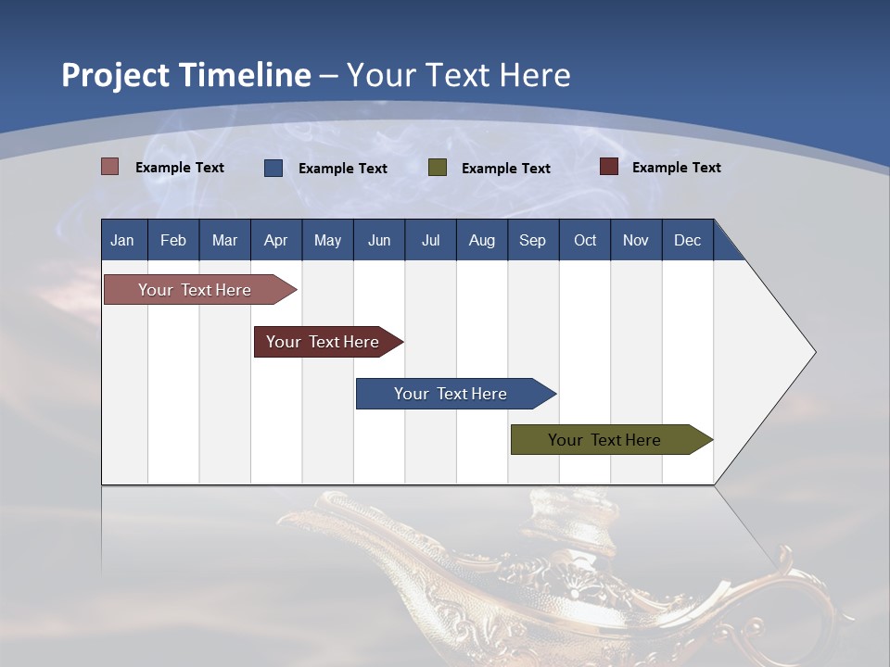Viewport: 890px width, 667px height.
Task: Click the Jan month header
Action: point(123,240)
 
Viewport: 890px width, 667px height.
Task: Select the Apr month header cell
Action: point(276,240)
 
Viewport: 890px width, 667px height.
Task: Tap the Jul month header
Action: point(430,240)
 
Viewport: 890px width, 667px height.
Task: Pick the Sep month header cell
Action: point(533,240)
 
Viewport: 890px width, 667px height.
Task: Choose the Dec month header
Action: point(687,240)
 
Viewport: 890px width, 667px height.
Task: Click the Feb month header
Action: point(173,240)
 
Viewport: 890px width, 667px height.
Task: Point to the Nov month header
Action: point(636,240)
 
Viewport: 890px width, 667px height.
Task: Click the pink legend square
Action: point(109,167)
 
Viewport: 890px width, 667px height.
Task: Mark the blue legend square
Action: point(273,168)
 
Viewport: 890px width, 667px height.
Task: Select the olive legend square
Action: point(437,168)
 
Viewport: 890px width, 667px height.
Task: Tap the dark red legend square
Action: point(608,167)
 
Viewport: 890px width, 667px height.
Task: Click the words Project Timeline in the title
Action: point(186,75)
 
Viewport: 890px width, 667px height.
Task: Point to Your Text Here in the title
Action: point(459,75)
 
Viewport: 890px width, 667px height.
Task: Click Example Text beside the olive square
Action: point(506,169)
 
